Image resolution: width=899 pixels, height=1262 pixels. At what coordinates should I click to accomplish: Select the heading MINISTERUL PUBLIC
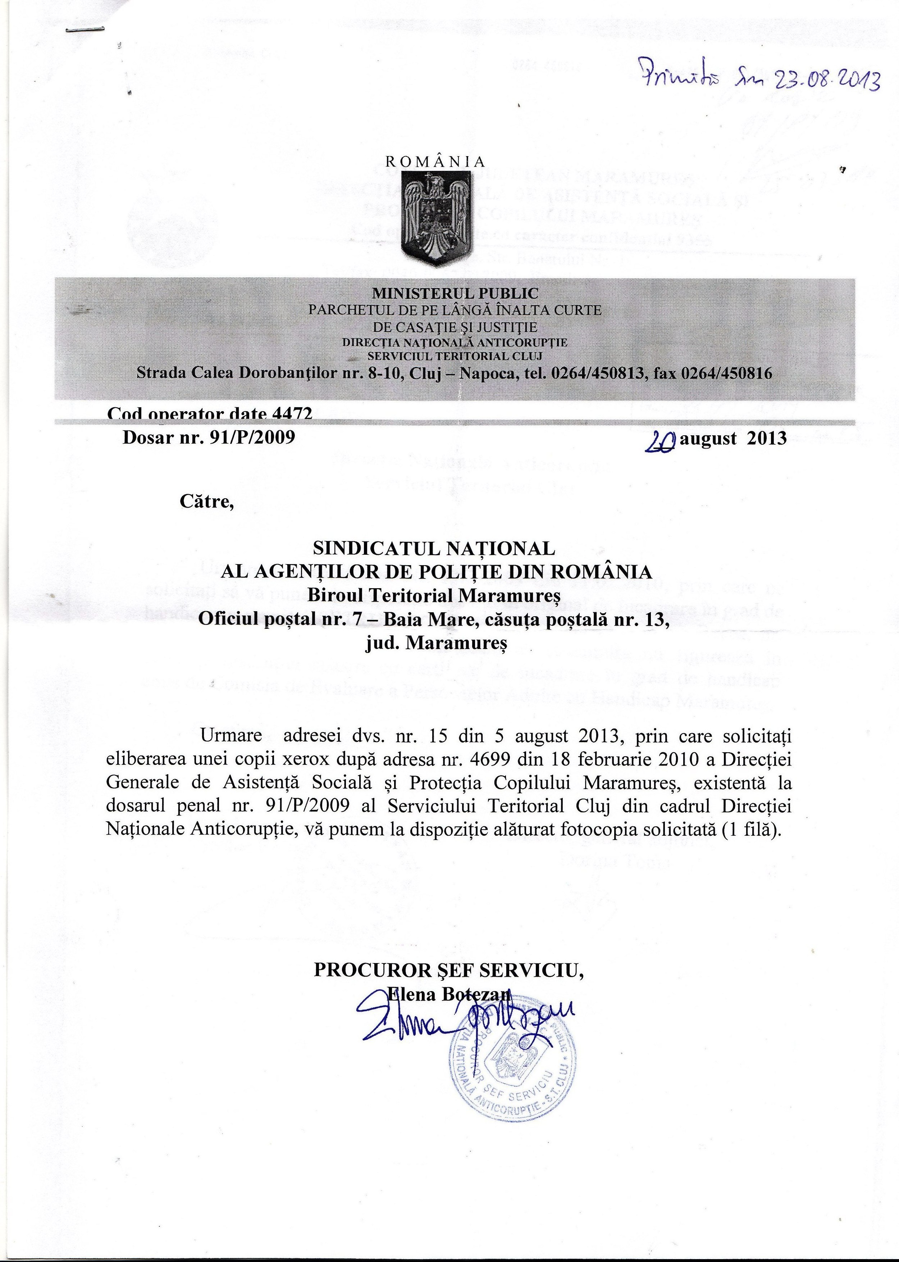point(455,293)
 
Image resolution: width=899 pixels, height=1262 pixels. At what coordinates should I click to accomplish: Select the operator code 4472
point(292,414)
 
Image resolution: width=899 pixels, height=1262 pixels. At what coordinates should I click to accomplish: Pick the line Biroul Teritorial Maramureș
point(434,595)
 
